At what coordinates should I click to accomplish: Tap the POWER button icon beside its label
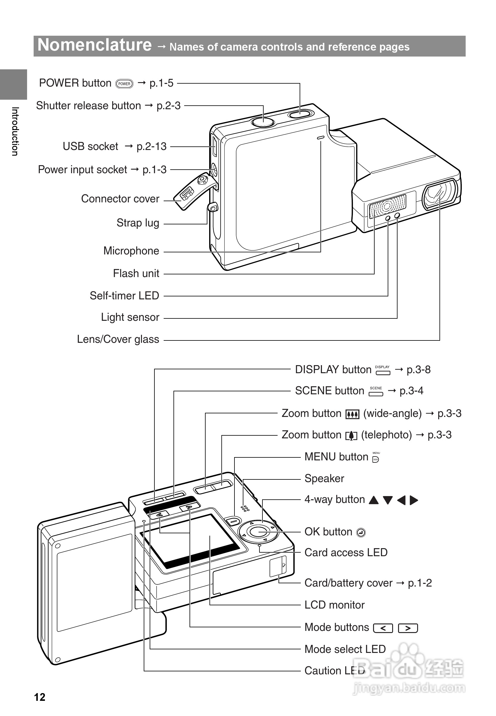[x=124, y=84]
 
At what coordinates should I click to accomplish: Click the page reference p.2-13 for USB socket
[x=152, y=146]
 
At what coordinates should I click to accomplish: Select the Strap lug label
[x=138, y=223]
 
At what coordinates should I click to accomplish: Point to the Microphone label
[x=131, y=251]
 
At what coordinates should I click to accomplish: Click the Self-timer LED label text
[x=124, y=296]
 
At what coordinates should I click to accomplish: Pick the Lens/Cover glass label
[x=118, y=339]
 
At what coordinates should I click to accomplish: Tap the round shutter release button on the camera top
[x=263, y=121]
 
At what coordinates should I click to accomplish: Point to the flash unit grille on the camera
[x=387, y=206]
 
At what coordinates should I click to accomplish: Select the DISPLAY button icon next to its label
[x=383, y=370]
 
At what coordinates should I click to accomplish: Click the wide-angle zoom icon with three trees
[x=352, y=414]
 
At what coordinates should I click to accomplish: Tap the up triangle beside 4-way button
[x=374, y=500]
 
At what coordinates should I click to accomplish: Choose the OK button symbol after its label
[x=361, y=533]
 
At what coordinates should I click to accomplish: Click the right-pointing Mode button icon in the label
[x=408, y=628]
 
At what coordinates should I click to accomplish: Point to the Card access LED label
[x=346, y=553]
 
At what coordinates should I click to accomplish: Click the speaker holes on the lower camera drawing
[x=245, y=508]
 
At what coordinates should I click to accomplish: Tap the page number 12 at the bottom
[x=40, y=697]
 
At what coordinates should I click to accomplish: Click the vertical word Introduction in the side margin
[x=15, y=131]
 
